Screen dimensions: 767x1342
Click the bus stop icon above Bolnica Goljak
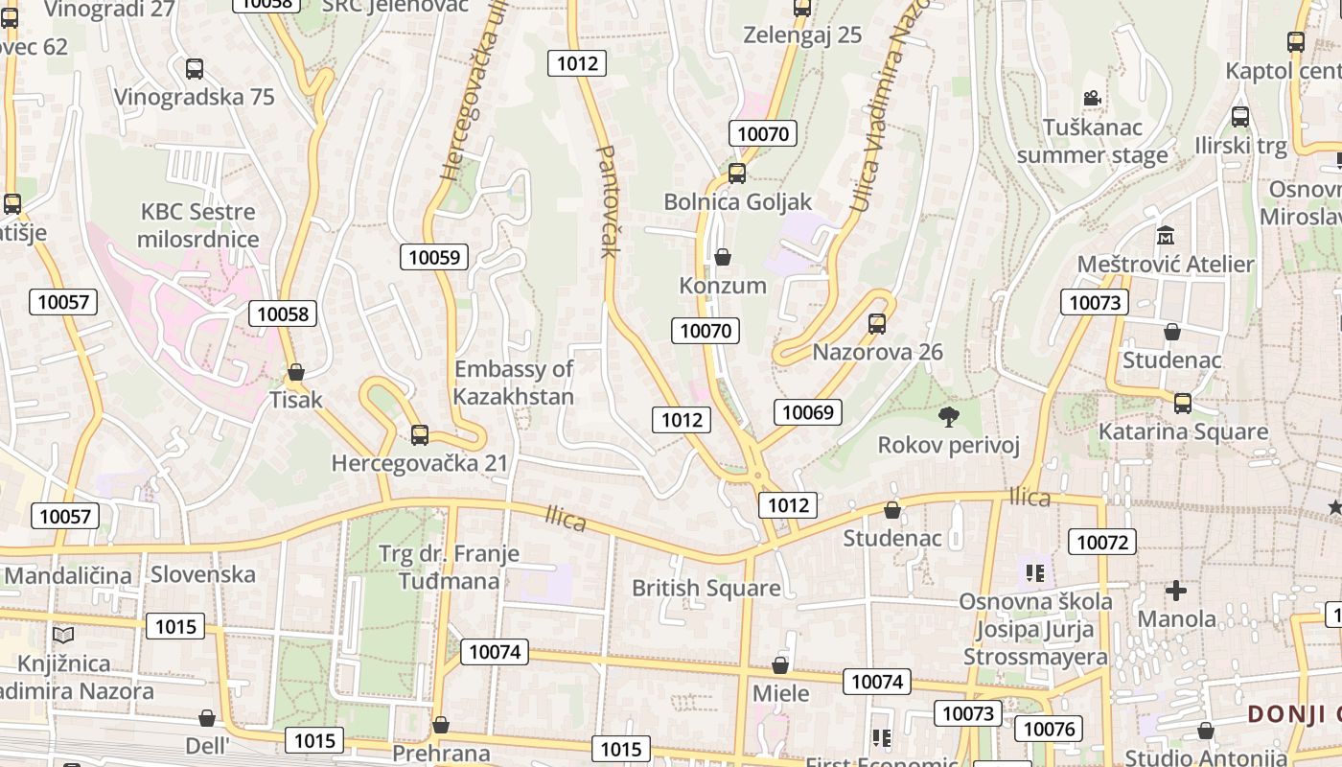(736, 174)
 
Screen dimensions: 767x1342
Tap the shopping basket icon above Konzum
(723, 257)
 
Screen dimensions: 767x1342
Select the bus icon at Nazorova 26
(876, 324)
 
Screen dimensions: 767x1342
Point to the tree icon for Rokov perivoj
(949, 416)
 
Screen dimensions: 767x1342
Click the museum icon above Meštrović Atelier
(1166, 235)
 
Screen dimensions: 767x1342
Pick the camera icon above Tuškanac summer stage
(1092, 98)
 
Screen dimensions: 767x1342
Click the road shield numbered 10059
(435, 257)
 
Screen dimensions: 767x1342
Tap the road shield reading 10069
(807, 412)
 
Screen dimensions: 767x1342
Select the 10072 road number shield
(1102, 543)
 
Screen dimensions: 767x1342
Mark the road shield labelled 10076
(1050, 729)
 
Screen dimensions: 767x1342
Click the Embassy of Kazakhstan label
(514, 383)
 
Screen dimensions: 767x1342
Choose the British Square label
(706, 588)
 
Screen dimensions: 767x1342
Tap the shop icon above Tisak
(296, 372)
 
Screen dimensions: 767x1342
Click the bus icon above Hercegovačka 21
(419, 435)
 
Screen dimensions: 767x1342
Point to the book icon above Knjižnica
(63, 635)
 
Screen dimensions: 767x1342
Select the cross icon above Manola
(1176, 591)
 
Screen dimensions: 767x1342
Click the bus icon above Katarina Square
(1183, 404)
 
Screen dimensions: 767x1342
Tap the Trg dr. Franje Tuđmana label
(449, 567)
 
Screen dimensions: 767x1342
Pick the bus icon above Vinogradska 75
(195, 69)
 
